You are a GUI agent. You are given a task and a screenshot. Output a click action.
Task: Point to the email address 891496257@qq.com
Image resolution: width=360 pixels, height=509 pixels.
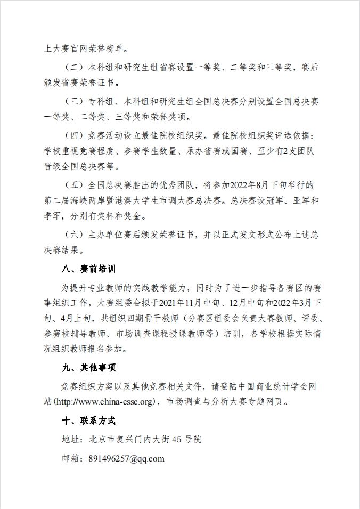pos(126,458)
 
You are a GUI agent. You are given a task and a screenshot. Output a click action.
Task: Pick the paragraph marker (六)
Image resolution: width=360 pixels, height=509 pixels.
pos(72,235)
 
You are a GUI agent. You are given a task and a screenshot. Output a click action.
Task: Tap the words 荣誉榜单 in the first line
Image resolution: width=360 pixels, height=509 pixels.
pos(104,49)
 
